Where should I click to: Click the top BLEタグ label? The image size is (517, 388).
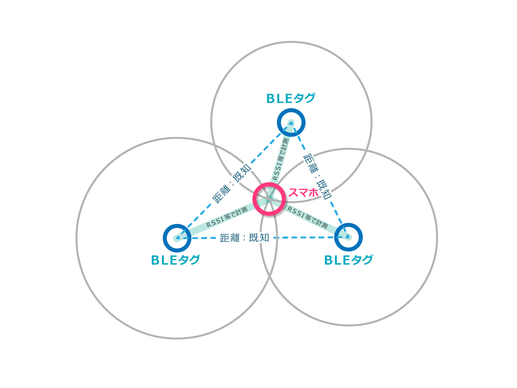291,98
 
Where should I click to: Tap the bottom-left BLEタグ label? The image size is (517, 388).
175,260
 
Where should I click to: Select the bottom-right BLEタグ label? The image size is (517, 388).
348,260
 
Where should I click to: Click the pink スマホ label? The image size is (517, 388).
303,193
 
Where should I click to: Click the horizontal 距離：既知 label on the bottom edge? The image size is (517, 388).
244,238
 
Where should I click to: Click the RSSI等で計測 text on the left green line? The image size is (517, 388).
227,218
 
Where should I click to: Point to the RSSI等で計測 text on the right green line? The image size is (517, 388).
308,217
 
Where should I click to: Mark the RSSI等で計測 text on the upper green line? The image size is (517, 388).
280,159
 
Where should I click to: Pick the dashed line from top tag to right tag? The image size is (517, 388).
336,212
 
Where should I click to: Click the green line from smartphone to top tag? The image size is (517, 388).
287,137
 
